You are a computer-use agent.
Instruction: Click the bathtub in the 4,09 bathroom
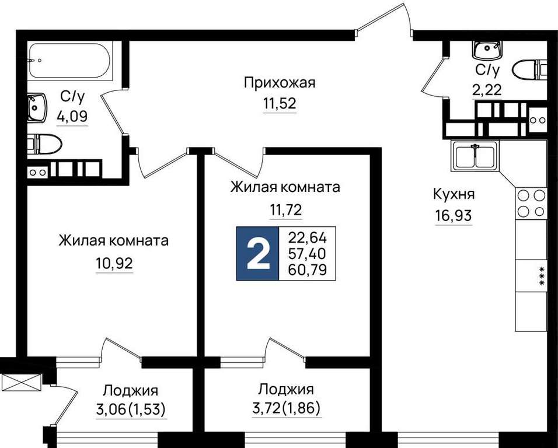tap(71, 61)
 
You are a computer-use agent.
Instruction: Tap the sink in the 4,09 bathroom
tap(37, 107)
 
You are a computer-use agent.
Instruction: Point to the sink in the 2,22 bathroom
tap(487, 50)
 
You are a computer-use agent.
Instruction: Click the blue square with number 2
tap(257, 254)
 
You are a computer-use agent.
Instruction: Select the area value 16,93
tap(453, 215)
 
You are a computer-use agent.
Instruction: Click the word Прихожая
tap(280, 83)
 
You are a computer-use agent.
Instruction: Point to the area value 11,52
tap(280, 103)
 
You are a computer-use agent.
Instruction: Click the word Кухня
tap(454, 194)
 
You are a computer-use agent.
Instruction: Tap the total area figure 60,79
tap(308, 270)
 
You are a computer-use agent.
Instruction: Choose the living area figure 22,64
tap(308, 237)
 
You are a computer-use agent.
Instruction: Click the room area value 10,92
tap(114, 263)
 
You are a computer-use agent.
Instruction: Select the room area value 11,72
tap(286, 210)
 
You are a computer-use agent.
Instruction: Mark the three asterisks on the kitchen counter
tap(542, 275)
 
